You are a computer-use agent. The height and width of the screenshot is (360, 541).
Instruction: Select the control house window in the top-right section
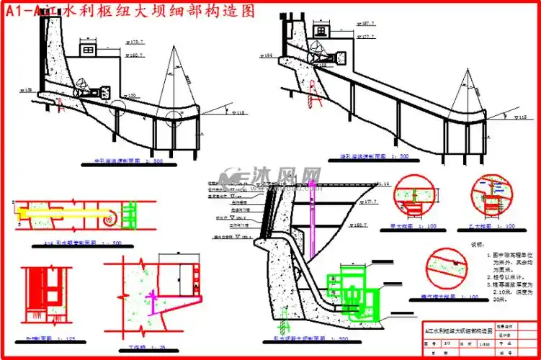tap(338, 51)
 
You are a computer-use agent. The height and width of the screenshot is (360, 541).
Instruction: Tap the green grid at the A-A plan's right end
tap(130, 215)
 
